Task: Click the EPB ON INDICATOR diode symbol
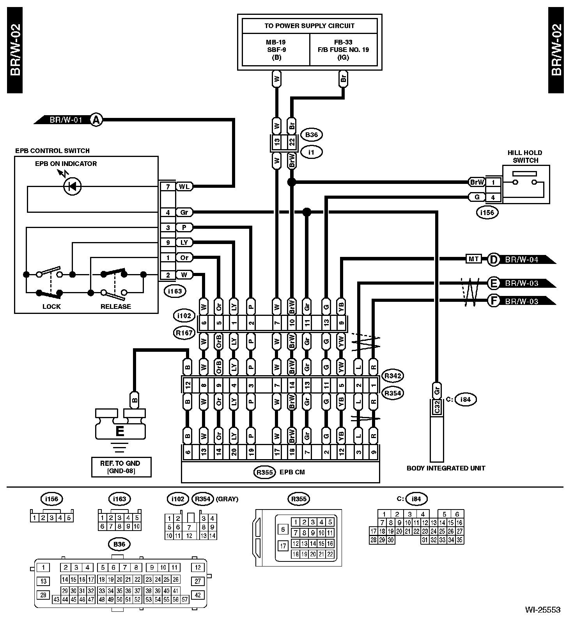point(73,186)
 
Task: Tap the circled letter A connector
point(96,119)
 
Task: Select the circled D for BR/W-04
point(494,259)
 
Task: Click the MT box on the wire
point(473,259)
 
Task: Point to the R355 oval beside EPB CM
point(265,472)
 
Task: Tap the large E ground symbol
point(120,431)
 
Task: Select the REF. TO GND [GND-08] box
point(121,467)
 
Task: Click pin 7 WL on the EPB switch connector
point(168,187)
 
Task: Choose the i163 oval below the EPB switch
point(175,291)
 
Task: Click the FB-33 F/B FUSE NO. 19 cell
point(343,50)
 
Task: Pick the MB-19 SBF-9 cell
point(276,50)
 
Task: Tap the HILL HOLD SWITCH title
point(525,156)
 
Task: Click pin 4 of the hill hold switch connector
point(493,198)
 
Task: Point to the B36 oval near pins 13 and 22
point(311,135)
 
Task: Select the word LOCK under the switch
point(51,306)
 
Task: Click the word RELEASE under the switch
point(116,306)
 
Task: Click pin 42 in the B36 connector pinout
point(198,595)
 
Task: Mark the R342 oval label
point(392,376)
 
